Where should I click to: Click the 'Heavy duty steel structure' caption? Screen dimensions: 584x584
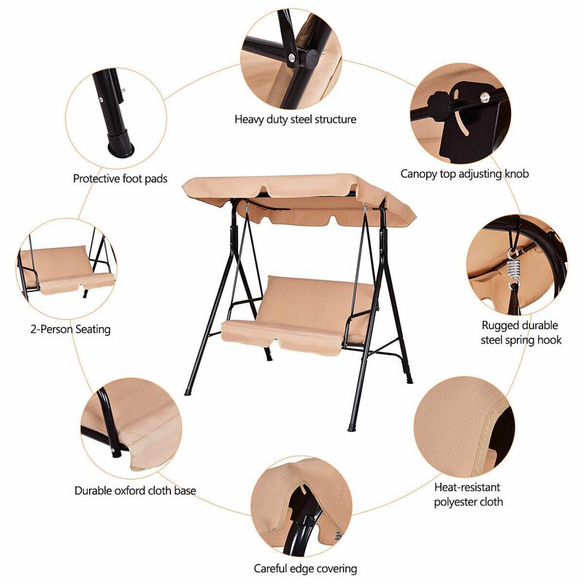pos(295,119)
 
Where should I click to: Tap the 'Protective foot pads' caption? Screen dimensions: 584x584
pos(120,178)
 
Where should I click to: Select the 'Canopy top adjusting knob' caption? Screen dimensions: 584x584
pos(464,174)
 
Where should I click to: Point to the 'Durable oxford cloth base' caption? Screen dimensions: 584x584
pos(135,491)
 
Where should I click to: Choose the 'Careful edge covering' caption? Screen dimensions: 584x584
pos(305,568)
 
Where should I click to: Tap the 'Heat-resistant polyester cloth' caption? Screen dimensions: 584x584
pos(468,494)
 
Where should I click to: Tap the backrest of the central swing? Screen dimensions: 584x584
pos(314,299)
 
